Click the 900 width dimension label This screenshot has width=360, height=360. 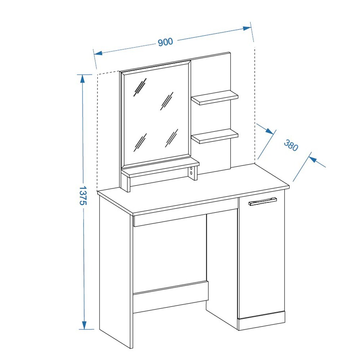point(165,42)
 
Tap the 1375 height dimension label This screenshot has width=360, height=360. point(83,195)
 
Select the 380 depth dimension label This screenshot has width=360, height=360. point(291,145)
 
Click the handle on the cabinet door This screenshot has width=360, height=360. point(263,201)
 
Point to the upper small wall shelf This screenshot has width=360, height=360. point(215,97)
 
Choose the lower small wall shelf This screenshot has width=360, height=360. point(215,136)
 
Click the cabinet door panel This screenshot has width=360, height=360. point(262,257)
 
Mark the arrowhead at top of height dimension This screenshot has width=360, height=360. point(82,78)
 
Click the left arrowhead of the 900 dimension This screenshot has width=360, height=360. point(98,53)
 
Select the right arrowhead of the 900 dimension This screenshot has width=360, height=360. point(247,28)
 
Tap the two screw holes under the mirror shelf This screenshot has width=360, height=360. point(191,171)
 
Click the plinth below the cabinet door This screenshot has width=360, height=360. point(262,321)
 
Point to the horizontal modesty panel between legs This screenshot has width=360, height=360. point(171,297)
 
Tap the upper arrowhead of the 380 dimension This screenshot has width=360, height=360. point(269,131)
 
